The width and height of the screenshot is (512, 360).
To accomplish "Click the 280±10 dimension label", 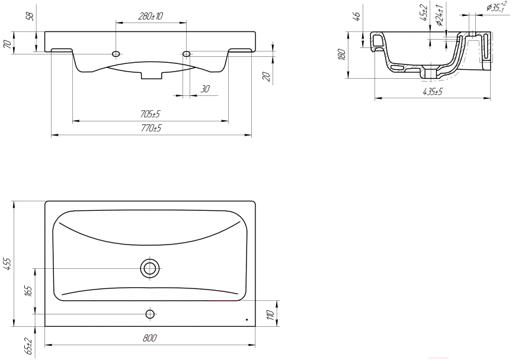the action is point(150,16).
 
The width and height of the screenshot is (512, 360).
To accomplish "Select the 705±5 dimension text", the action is point(150,114).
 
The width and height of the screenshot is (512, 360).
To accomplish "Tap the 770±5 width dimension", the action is point(151,128).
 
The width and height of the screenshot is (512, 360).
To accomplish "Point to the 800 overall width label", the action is point(150,338).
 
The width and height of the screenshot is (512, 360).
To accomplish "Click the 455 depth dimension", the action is point(7,263).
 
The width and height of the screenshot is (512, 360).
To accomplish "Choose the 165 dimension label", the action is point(28,291).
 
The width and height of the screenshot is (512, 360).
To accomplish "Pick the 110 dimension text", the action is point(270,315).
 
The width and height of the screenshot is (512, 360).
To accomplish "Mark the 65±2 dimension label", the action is point(28,346).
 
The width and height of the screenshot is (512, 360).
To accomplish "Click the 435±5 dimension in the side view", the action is point(433,92).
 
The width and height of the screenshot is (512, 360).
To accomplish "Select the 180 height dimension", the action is point(342,54).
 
